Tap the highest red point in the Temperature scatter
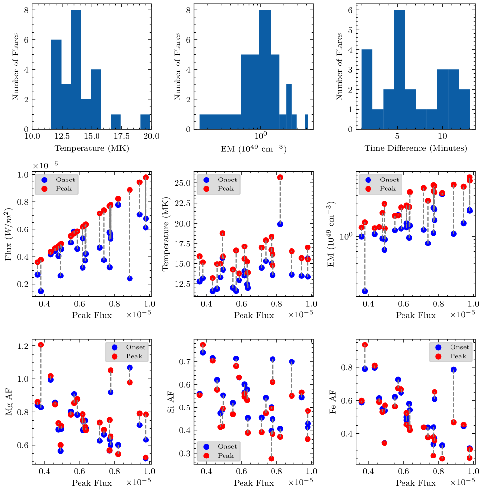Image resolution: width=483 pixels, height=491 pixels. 280,178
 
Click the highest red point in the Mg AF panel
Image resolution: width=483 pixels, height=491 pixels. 41,345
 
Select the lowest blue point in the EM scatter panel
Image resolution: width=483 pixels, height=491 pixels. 365,291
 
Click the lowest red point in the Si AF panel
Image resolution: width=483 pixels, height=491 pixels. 271,458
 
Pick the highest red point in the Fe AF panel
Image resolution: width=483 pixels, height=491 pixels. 365,345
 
